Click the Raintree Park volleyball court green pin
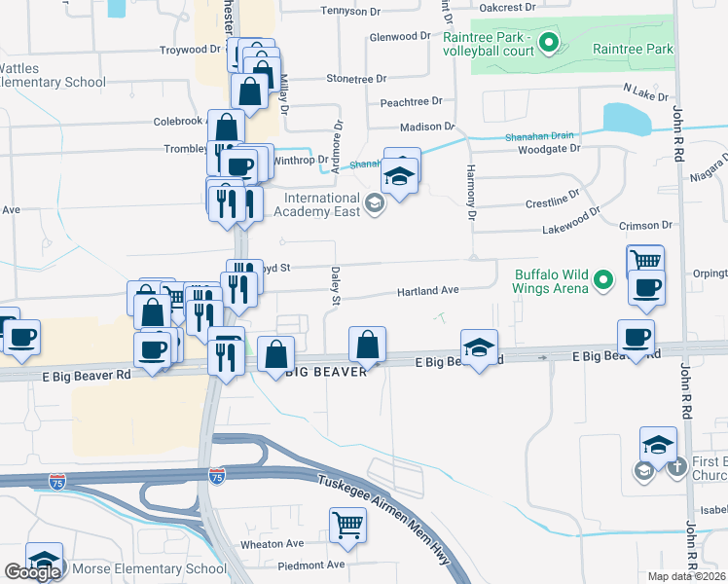548,43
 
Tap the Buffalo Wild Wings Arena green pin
603,282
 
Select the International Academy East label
322,204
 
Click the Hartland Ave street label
426,291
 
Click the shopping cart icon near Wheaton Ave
347,526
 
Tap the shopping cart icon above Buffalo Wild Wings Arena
645,261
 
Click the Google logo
32,572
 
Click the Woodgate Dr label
549,149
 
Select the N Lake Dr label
645,91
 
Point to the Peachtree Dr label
411,101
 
